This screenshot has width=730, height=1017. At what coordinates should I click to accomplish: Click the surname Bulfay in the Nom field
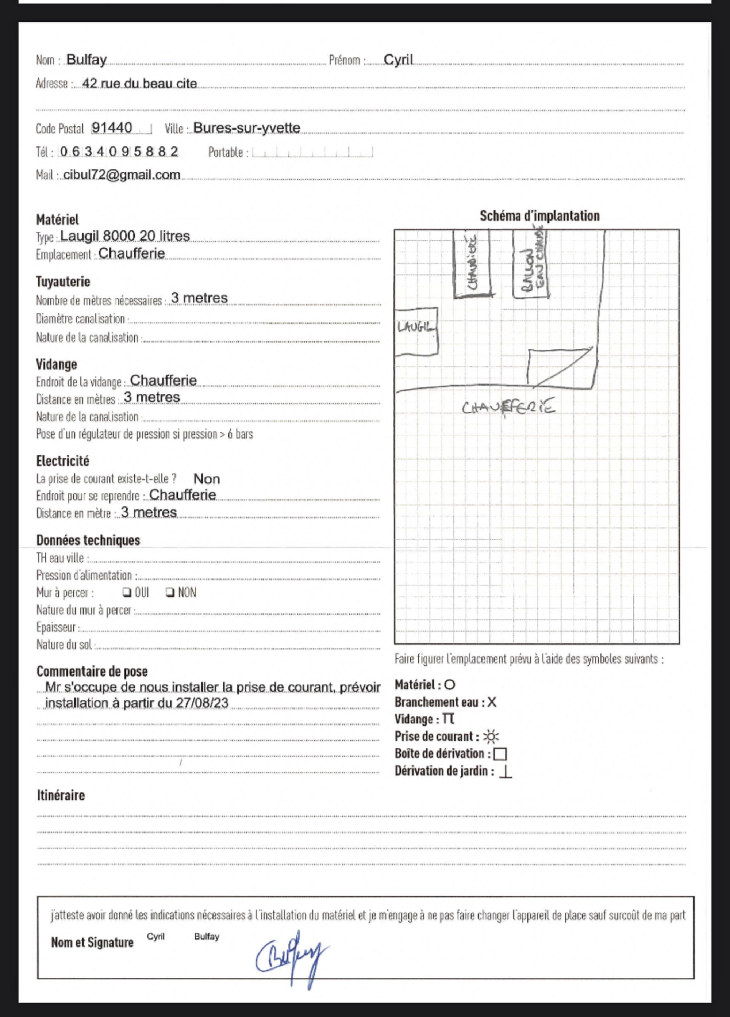pos(86,60)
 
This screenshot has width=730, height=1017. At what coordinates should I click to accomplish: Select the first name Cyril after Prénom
pos(398,60)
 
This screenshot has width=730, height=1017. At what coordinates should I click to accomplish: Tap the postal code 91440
pos(112,128)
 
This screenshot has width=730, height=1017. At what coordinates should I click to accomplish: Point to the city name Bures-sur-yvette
pos(246,128)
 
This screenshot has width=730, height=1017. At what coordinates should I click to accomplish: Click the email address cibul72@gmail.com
pos(122,175)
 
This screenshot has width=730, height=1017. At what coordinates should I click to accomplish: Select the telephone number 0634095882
pos(119,152)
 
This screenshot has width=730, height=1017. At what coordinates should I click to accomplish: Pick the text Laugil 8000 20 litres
pos(124,236)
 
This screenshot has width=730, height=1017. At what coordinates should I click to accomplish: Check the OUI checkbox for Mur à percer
pos(126,592)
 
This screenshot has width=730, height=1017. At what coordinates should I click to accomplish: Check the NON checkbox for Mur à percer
pos(169,592)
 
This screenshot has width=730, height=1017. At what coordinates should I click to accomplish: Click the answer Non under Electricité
pos(207,479)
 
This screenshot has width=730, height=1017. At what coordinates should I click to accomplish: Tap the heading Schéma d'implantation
pos(539,216)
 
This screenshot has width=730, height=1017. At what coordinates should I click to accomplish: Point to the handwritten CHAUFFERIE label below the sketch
pos(508,407)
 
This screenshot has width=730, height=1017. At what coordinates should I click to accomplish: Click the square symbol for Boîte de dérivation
pos(500,754)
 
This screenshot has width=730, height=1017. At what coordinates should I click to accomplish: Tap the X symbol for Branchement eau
pos(492,702)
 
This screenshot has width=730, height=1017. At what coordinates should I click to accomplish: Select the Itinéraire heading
pos(61,795)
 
